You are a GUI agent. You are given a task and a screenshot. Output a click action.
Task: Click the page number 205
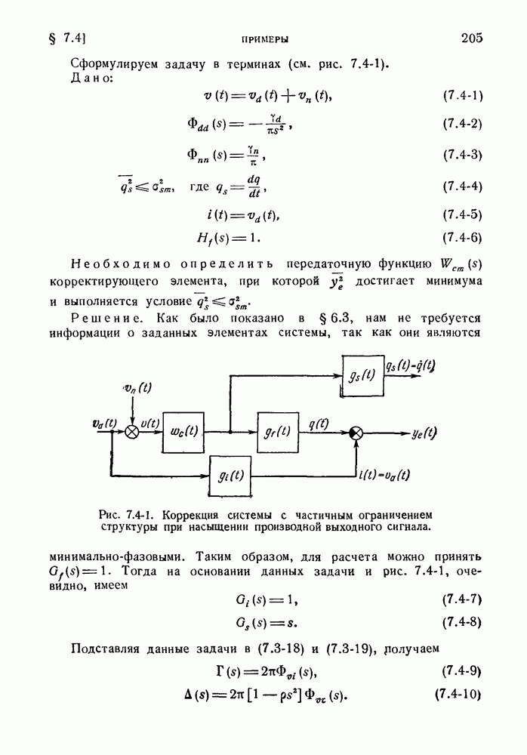(x=472, y=38)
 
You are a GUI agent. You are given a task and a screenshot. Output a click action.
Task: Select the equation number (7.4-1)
(x=463, y=95)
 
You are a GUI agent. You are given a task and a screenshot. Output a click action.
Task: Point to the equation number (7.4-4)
(x=463, y=186)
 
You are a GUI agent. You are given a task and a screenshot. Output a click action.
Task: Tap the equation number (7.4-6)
(x=463, y=238)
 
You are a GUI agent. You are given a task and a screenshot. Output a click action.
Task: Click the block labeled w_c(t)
(x=183, y=433)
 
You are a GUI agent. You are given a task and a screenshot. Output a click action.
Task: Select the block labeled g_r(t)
(x=278, y=433)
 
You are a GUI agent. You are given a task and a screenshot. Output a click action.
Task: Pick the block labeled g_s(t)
(x=362, y=376)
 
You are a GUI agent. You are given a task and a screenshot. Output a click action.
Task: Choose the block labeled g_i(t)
(x=230, y=476)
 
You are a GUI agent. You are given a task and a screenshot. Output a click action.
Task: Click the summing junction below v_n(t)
(x=132, y=433)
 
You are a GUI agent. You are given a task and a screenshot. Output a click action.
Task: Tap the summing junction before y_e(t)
(x=356, y=433)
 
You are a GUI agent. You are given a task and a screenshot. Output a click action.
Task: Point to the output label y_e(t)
(x=424, y=433)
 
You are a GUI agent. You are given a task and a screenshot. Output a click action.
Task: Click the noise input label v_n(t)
(x=137, y=387)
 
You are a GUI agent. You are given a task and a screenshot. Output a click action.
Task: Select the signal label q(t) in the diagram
(x=319, y=424)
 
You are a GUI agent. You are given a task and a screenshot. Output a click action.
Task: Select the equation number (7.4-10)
(x=458, y=695)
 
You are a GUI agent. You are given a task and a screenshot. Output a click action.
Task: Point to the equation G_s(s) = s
(x=267, y=623)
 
